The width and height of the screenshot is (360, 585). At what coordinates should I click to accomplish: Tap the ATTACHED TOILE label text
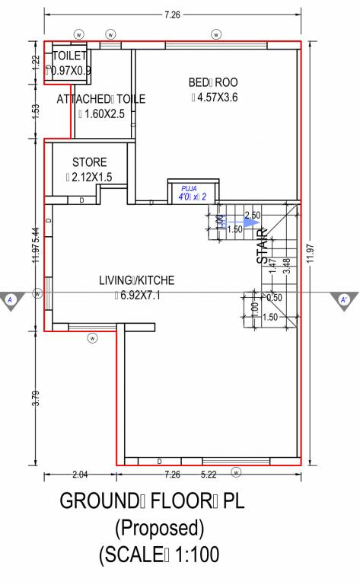coord(100,98)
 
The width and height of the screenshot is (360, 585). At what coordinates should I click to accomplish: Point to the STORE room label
coord(89,162)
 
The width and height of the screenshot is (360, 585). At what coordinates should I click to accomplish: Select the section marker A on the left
coord(11,299)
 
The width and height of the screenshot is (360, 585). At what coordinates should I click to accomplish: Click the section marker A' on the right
coord(345,299)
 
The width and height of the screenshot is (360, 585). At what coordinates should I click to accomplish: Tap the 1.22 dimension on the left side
coord(35,62)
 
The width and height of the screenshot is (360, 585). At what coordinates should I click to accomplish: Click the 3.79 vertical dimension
coord(35,399)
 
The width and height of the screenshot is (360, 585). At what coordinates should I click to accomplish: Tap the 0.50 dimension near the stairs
coord(275,298)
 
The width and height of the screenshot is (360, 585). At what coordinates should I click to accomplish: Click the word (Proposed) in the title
coord(159,527)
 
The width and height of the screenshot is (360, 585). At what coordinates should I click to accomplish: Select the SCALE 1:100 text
coord(159,555)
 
